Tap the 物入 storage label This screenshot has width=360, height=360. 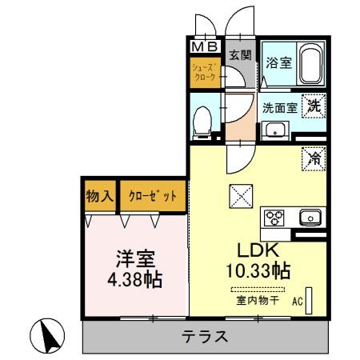(99, 194)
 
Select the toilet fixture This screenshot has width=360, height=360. (205, 120)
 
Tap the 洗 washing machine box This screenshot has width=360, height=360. (317, 103)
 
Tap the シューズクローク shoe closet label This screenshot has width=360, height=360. (204, 74)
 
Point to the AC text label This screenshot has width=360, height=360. (297, 302)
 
